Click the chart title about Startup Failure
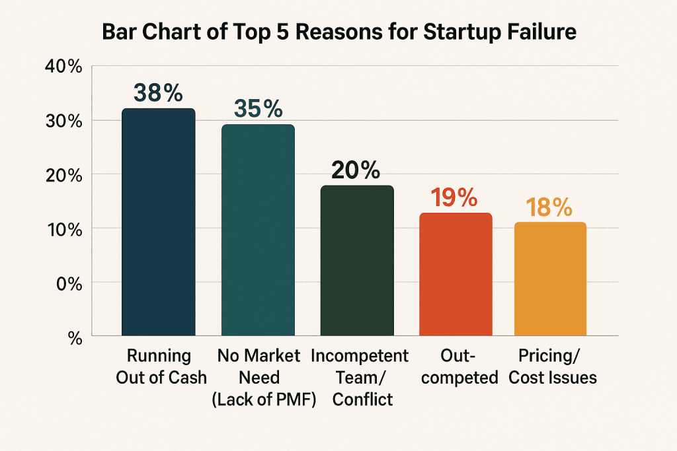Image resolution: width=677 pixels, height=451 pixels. [x=338, y=34]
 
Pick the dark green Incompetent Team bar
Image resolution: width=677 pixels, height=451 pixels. [x=357, y=261]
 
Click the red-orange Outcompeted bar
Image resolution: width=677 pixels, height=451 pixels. [x=456, y=275]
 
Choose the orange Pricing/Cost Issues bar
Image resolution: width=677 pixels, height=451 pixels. [x=551, y=279]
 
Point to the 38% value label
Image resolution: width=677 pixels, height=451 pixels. [x=159, y=93]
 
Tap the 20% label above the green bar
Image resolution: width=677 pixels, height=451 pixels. [x=356, y=170]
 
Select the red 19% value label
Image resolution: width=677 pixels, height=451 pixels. [x=456, y=198]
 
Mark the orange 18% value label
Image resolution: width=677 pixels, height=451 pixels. [x=550, y=207]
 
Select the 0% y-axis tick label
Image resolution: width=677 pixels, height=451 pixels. [x=68, y=283]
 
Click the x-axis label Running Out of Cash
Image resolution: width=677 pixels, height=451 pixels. [x=159, y=366]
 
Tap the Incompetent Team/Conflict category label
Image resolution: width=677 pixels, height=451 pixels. [x=360, y=377]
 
